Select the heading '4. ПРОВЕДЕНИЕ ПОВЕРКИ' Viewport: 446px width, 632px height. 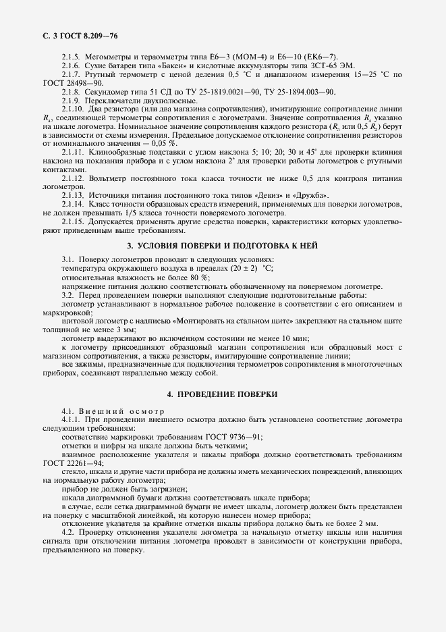tap(223, 394)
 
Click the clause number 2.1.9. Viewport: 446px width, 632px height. tap(71, 101)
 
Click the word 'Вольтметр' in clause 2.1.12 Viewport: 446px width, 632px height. tap(110, 179)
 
